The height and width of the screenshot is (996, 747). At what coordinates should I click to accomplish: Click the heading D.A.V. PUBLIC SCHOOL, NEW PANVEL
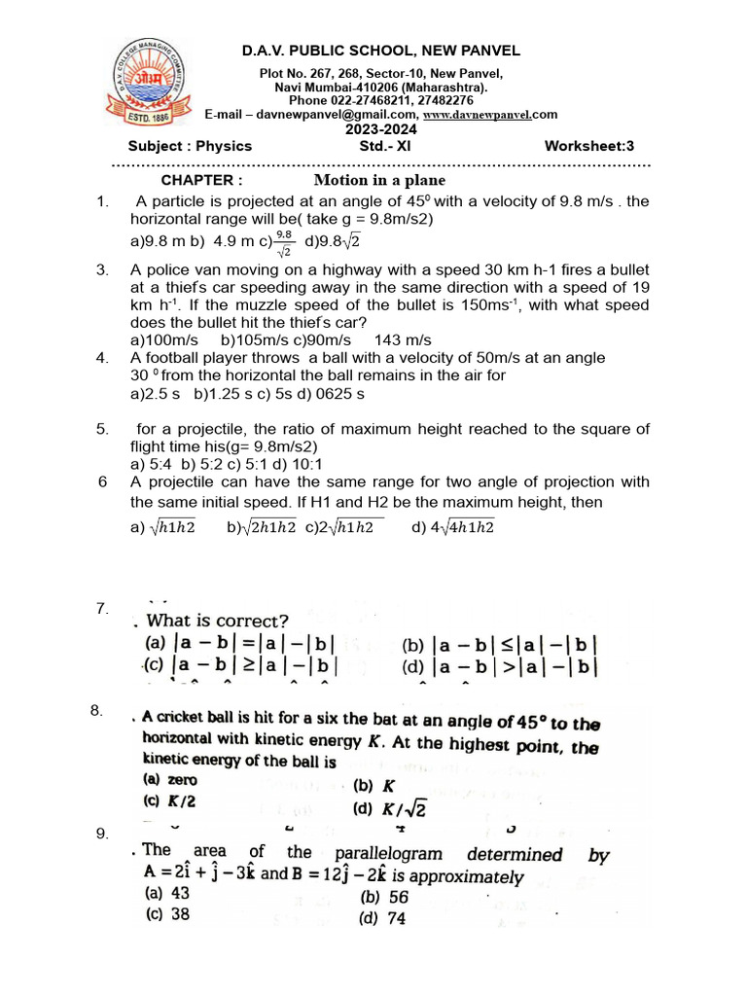(x=380, y=51)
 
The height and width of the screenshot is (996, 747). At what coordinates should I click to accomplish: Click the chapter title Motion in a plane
(x=379, y=180)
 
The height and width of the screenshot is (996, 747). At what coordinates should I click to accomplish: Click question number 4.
(x=102, y=357)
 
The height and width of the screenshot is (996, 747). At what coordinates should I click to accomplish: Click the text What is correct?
(x=217, y=621)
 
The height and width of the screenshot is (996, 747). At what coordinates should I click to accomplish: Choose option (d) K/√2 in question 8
(x=391, y=808)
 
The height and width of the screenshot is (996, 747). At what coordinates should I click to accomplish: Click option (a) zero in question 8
(x=170, y=779)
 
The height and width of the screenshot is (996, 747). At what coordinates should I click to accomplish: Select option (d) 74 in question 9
(x=382, y=918)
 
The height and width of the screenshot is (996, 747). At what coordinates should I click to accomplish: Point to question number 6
(x=103, y=481)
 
